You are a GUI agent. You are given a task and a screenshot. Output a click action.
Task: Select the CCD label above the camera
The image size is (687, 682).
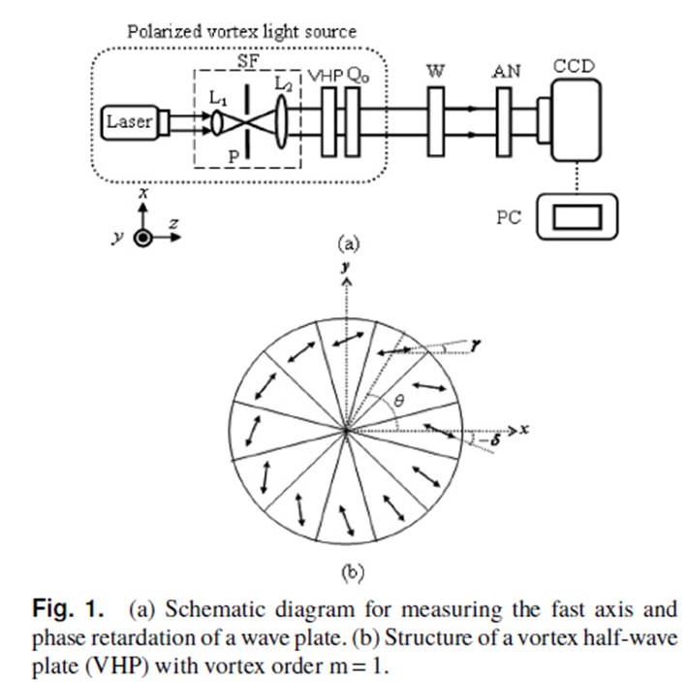pos(573,67)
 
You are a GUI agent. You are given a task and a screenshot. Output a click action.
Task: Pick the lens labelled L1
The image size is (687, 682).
pos(218,121)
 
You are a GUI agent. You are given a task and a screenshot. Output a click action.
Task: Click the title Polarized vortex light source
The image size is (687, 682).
pos(242,31)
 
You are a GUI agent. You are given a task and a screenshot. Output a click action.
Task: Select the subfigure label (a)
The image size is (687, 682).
pos(346,244)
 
